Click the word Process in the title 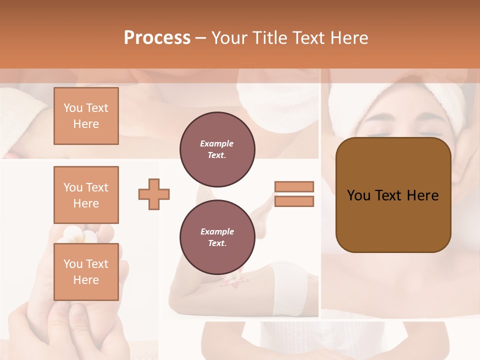tap(157, 38)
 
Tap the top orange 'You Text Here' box tap(86, 116)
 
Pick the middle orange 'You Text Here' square tap(86, 195)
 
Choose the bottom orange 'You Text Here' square tap(86, 271)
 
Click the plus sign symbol tap(154, 194)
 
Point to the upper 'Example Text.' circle tap(217, 149)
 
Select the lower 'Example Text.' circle tap(217, 237)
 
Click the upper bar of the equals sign tap(294, 186)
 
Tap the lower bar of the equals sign tap(294, 201)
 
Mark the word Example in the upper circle tap(217, 143)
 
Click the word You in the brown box tap(358, 195)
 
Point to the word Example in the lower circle tap(217, 231)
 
